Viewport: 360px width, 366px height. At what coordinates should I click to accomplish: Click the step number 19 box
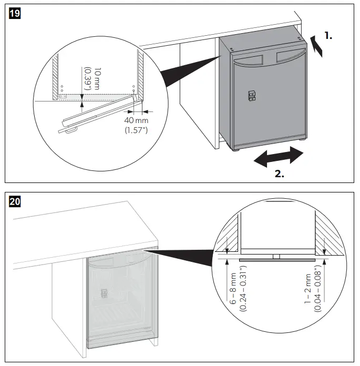coord(16,14)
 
